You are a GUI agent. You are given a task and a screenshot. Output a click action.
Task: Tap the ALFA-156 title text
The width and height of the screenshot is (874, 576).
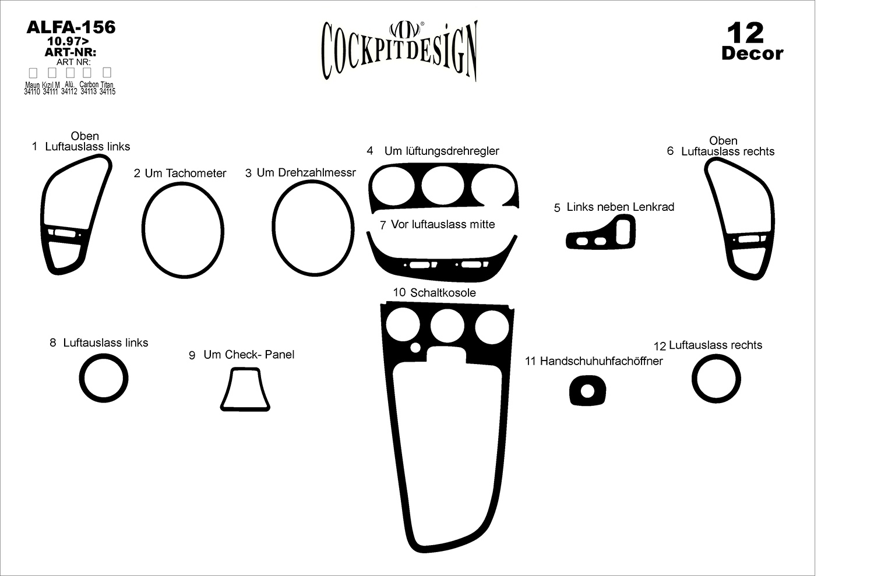click(x=71, y=27)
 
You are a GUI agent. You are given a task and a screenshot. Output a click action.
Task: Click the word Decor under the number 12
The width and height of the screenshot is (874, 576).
click(x=752, y=54)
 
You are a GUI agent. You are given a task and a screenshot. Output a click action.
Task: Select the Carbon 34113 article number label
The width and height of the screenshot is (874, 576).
click(x=89, y=88)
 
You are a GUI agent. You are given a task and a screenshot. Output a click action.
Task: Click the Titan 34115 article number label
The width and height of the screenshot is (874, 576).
click(x=107, y=88)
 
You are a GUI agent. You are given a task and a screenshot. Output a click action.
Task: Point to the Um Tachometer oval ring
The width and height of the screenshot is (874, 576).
click(x=144, y=229)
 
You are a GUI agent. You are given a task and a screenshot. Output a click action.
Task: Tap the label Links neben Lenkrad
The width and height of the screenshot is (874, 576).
click(x=620, y=207)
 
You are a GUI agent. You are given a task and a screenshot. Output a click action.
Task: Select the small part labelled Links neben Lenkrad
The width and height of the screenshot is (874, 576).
click(x=601, y=234)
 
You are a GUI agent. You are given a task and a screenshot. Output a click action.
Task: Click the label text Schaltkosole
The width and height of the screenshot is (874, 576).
click(x=443, y=292)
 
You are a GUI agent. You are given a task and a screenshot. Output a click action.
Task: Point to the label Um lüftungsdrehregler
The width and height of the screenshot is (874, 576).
click(x=441, y=151)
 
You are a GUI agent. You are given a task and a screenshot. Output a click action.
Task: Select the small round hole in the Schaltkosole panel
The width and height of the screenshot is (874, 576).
click(x=415, y=348)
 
